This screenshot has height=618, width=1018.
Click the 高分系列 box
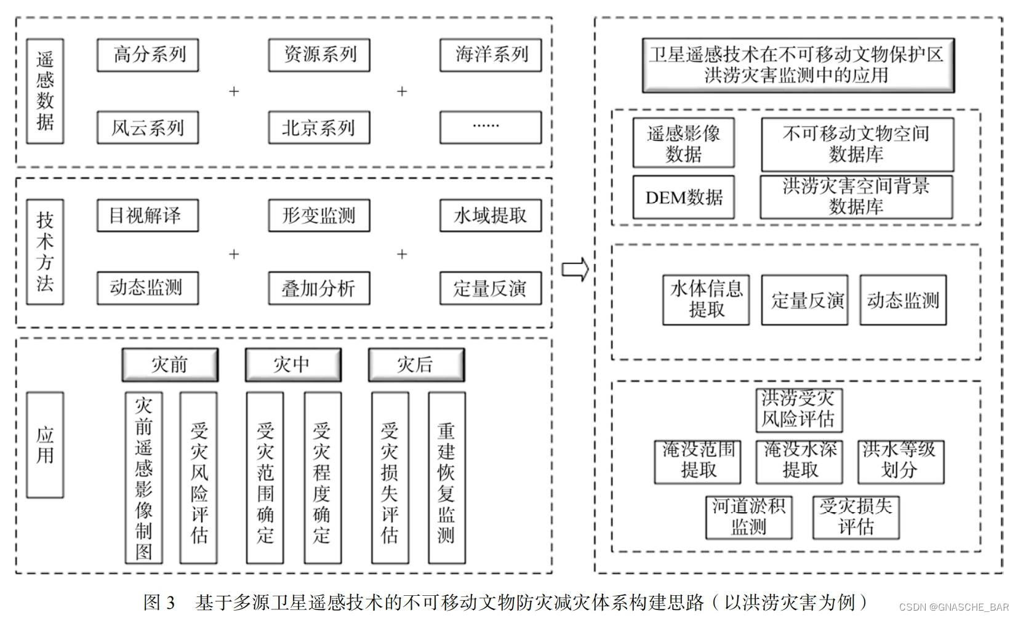[x=148, y=55]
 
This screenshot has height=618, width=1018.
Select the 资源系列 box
[x=319, y=55]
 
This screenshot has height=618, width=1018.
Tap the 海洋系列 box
[x=491, y=55]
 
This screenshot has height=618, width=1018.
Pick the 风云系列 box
[x=148, y=128]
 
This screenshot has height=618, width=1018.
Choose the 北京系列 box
[x=319, y=128]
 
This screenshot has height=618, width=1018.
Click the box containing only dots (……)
[x=491, y=127]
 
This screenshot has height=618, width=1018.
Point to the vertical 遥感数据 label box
[x=45, y=91]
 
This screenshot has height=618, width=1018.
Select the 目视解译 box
[x=148, y=215]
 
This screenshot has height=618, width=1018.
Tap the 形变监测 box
[x=319, y=215]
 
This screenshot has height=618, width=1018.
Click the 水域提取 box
[x=491, y=215]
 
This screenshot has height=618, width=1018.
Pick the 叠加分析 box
[x=319, y=288]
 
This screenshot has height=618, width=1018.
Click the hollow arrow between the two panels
[x=575, y=269]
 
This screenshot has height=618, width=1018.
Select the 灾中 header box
[x=292, y=365]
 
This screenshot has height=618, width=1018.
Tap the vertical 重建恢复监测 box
[x=446, y=478]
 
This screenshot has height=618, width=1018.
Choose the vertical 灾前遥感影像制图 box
[x=143, y=478]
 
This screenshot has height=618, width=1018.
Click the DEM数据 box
[x=684, y=198]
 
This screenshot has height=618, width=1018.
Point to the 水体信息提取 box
[x=706, y=300]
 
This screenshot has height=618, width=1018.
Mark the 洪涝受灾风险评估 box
[x=798, y=409]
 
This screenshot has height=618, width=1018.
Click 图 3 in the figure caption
[x=159, y=602]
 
